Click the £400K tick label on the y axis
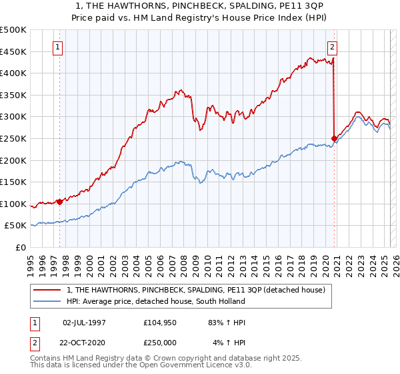point(13,73)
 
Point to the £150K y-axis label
point(13,182)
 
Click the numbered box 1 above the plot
point(59,47)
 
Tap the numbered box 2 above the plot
point(332,47)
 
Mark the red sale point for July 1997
point(59,201)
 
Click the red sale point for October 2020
point(334,138)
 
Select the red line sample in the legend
point(48,290)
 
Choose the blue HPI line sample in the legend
point(48,301)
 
